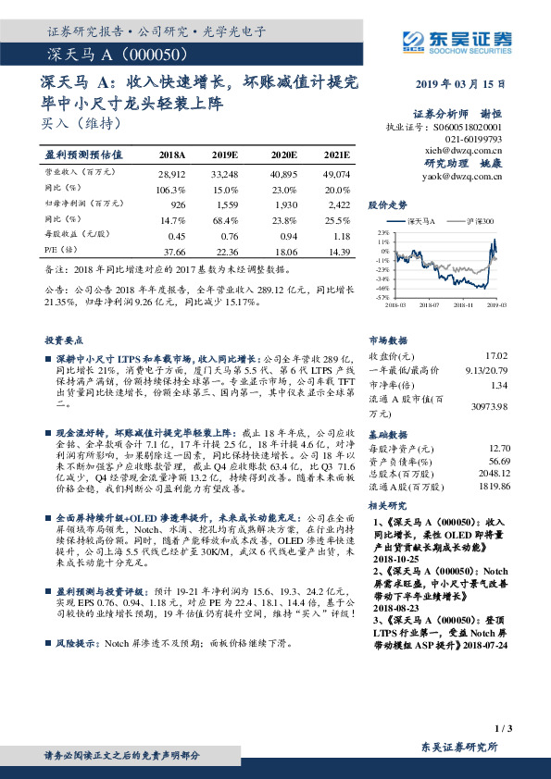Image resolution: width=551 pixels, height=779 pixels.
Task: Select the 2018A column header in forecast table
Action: (171, 154)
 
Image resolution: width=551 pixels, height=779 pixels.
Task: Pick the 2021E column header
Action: (337, 154)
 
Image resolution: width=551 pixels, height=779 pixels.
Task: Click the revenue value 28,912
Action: (172, 174)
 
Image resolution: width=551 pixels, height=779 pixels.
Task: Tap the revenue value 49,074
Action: (336, 174)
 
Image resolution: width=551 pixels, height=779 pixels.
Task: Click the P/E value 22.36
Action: (227, 252)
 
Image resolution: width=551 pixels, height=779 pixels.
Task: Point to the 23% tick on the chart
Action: (382, 232)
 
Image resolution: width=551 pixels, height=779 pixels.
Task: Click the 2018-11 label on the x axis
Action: (463, 303)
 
